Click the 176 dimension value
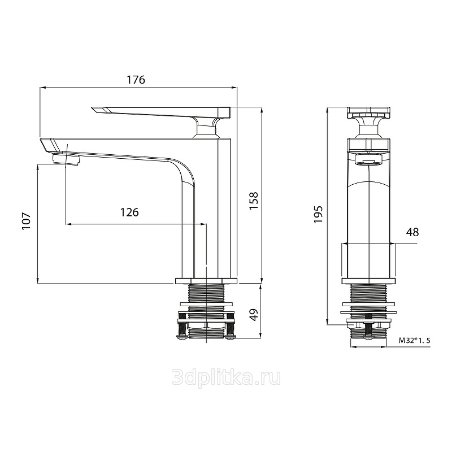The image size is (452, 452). [x=136, y=80]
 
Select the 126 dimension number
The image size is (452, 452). [x=129, y=212]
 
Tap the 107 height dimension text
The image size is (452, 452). [x=26, y=221]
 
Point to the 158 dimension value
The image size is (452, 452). [x=254, y=201]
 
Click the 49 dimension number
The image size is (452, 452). [x=254, y=315]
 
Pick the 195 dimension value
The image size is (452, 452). [x=319, y=214]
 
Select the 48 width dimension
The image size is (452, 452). [x=412, y=232]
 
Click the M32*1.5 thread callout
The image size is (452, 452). [x=415, y=341]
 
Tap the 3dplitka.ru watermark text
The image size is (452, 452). [x=227, y=378]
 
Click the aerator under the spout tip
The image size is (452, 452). [x=67, y=159]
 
